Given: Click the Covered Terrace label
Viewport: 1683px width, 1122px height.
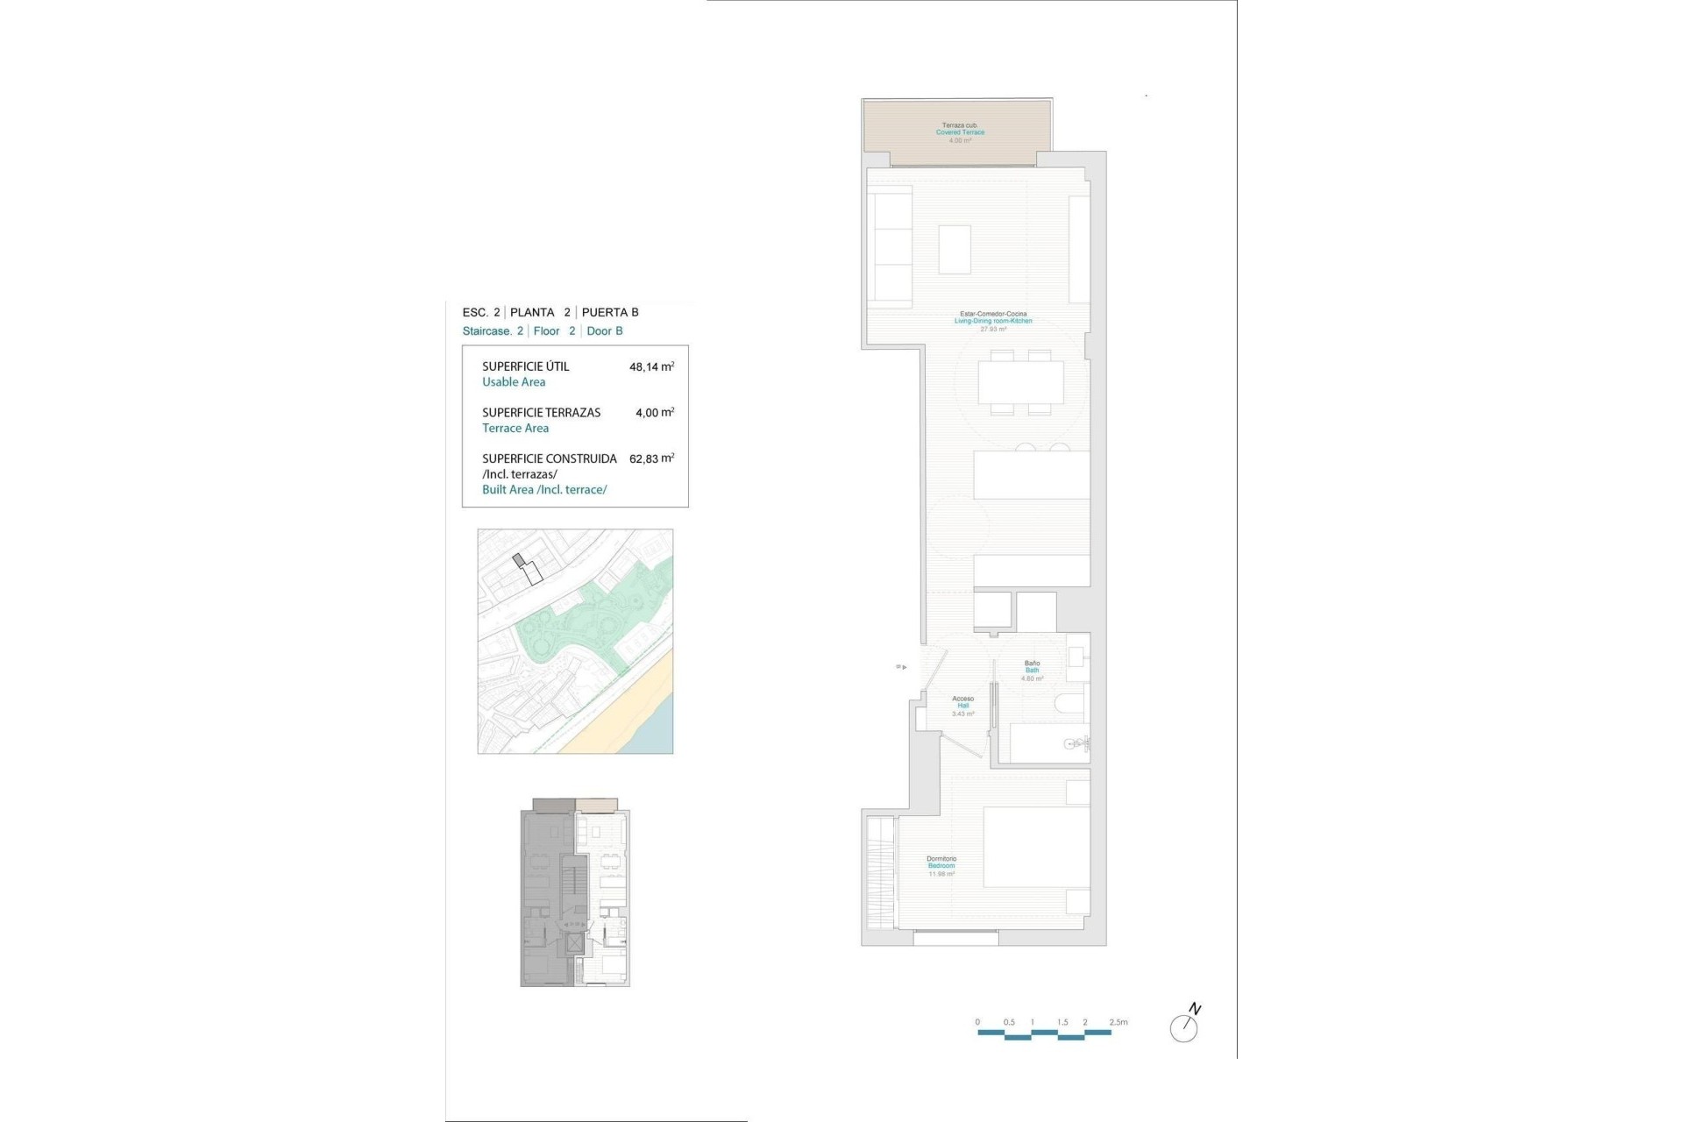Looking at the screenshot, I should [960, 132].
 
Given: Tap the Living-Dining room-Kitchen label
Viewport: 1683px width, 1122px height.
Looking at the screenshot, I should [993, 321].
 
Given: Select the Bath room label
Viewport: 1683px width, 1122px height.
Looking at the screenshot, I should [1032, 671].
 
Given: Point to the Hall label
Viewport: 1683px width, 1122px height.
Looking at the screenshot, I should [962, 706].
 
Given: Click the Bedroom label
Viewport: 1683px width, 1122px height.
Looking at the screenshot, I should [941, 866].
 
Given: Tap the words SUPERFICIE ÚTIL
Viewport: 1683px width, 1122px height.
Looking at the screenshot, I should [525, 366].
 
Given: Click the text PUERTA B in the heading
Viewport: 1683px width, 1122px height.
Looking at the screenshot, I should [610, 312].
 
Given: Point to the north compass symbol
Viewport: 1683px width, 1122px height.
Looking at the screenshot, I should [1184, 1026].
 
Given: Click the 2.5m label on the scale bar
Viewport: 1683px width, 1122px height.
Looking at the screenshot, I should [1118, 1022].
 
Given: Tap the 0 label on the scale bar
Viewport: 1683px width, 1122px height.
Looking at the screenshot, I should [977, 1022].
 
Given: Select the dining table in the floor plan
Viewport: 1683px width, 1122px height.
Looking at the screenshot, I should [1020, 382].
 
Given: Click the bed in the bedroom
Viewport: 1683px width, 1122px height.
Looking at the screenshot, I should [1036, 847].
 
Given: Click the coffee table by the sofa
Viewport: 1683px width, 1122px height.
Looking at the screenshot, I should [955, 250].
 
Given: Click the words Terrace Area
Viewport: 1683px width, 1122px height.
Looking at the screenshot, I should [515, 429].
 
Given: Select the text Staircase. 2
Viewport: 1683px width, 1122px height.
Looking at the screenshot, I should [493, 331].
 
